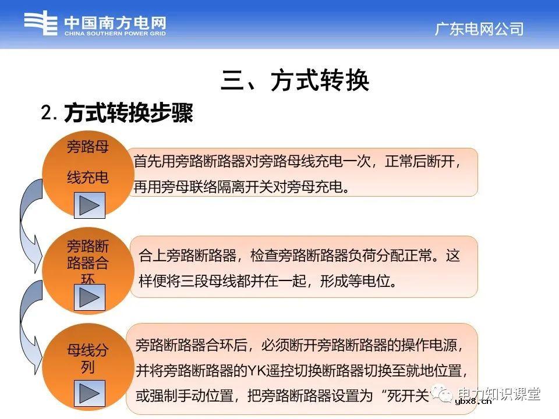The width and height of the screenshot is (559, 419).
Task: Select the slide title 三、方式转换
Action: pos(295,81)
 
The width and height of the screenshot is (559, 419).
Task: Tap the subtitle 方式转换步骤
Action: pos(128,113)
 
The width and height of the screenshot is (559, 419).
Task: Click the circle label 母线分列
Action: pos(88,359)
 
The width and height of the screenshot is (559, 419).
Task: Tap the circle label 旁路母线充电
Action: pos(88,162)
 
